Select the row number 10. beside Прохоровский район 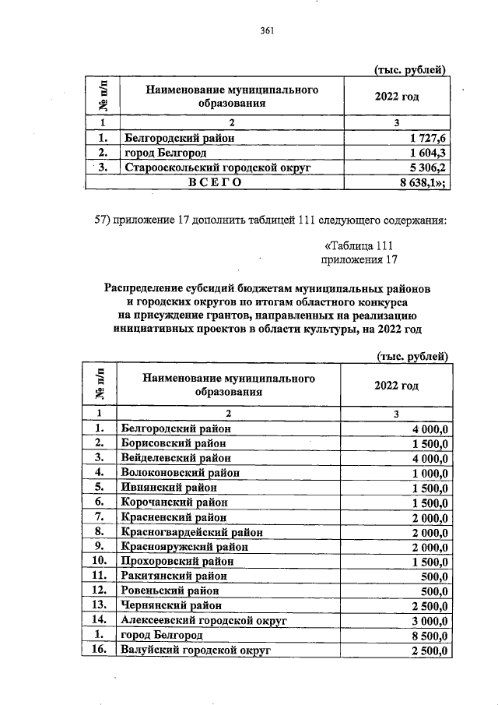click(x=99, y=562)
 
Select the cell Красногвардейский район click(x=191, y=532)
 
